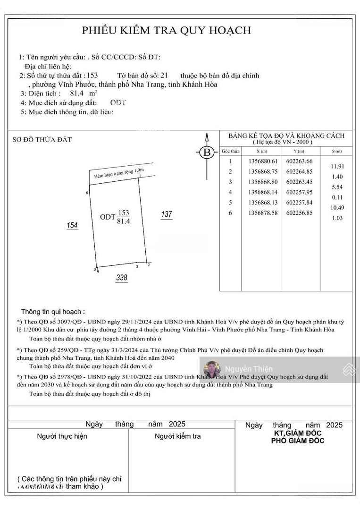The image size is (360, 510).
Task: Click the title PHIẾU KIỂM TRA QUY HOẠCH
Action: point(167,31)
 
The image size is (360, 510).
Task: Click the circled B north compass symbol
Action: point(206,153)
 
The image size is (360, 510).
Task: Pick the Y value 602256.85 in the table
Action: point(300,212)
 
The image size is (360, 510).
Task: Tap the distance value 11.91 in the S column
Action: point(337,166)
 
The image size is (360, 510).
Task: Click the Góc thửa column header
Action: point(230,151)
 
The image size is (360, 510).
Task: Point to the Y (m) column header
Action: point(300,151)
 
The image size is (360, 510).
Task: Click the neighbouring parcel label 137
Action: point(167,215)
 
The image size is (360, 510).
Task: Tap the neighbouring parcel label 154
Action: point(72,226)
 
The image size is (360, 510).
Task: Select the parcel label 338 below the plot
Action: point(122,278)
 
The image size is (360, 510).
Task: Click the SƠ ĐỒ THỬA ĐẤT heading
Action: point(42,140)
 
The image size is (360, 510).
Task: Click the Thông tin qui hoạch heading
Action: point(53,312)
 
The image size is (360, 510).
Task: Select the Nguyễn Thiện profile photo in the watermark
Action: point(212,369)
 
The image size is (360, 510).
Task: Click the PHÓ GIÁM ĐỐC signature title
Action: point(297,441)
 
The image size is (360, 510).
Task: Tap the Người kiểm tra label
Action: point(177,436)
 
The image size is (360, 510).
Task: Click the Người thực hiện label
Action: point(62,436)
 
